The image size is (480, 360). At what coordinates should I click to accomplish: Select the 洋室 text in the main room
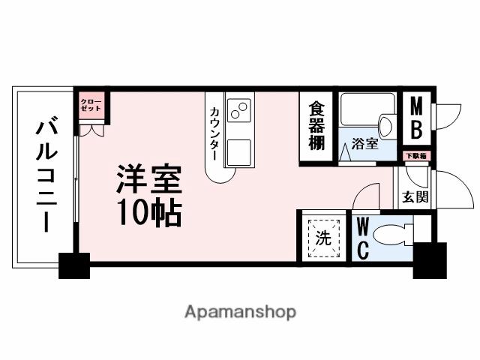(148, 179)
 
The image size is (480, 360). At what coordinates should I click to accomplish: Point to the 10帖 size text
(148, 214)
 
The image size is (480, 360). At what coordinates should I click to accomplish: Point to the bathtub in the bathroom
(359, 110)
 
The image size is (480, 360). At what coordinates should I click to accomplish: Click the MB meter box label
(415, 118)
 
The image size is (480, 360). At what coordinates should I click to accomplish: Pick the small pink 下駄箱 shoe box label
(415, 156)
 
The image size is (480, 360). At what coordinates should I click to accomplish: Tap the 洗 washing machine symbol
(323, 238)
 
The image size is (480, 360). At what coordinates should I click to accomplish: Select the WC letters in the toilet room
(361, 238)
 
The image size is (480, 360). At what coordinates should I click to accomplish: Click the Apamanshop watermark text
(239, 310)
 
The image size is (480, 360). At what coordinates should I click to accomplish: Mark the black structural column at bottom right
(429, 259)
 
